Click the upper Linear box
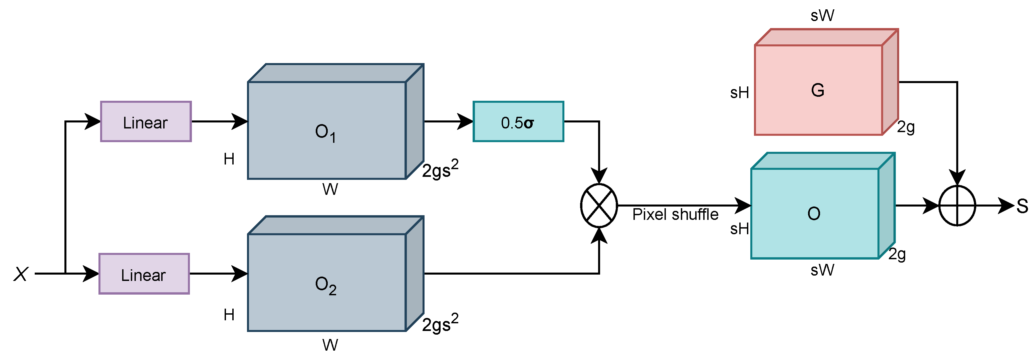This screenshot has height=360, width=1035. pos(146,122)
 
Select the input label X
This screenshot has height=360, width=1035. pos(21,274)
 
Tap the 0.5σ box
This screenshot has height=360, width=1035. pos(518,122)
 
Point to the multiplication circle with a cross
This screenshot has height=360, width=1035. pos(599,206)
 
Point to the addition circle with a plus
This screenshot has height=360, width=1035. pos(957,206)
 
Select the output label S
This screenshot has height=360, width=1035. pos(1022,207)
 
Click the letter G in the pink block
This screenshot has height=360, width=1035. pos(818,90)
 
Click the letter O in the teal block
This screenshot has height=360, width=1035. pos(814,214)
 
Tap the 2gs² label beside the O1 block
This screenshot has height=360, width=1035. pos(440,169)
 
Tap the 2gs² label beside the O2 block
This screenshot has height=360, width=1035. pos(440,323)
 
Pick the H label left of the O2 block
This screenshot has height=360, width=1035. pos(229,315)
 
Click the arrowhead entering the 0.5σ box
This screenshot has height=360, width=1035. pos(466,122)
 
